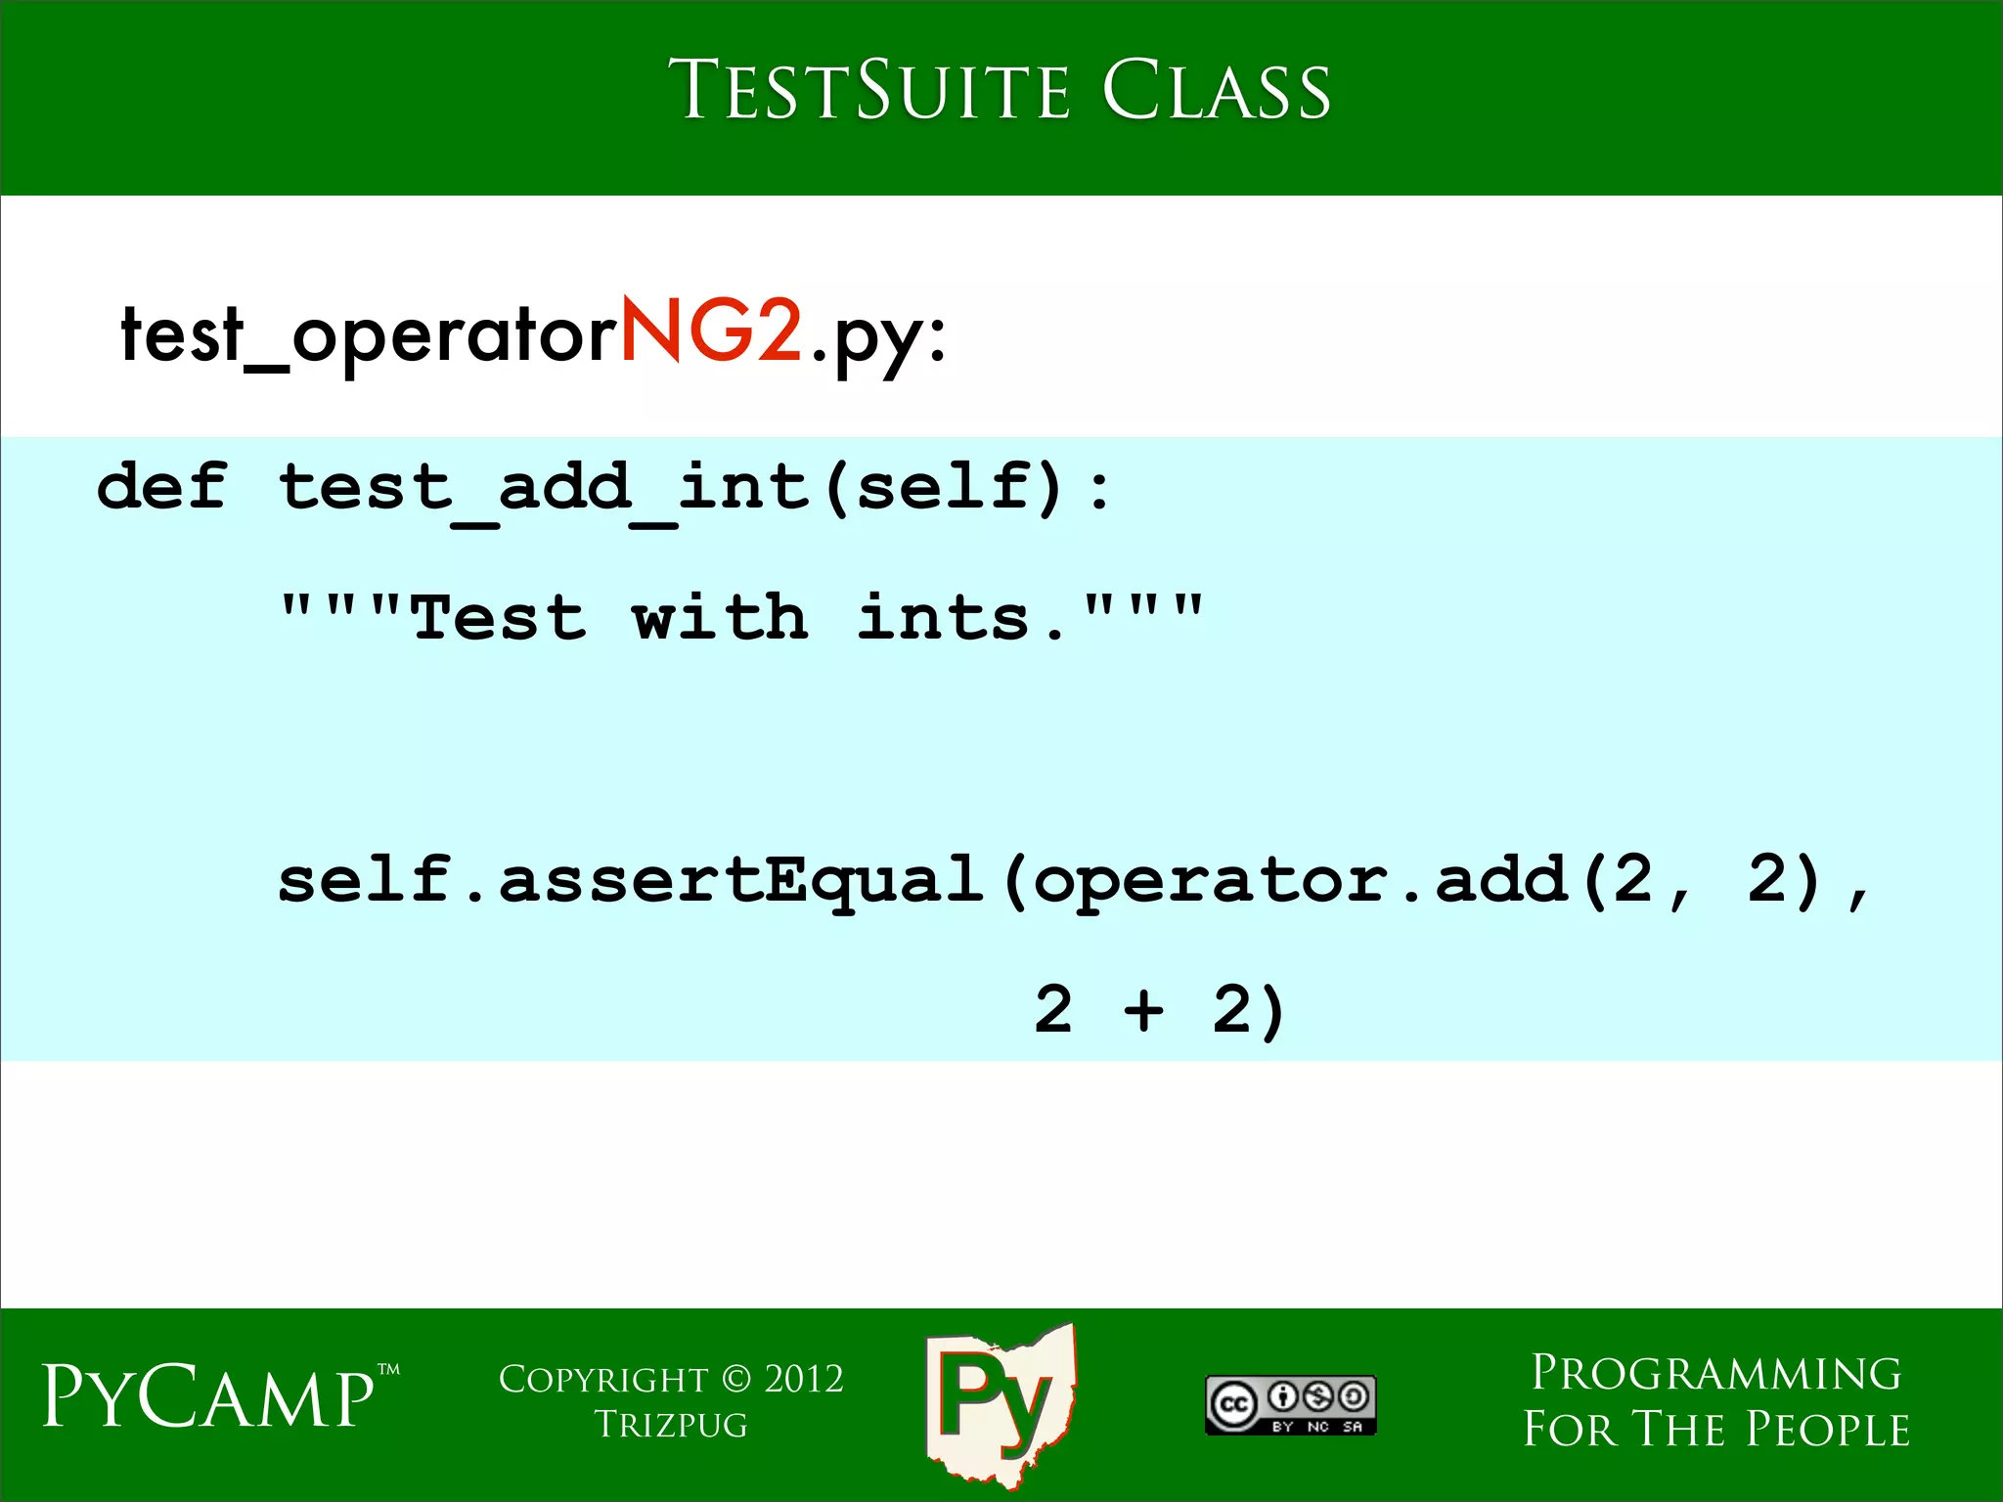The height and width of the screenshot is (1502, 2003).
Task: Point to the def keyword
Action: [x=162, y=486]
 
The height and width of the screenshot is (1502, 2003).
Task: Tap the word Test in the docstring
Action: [x=499, y=618]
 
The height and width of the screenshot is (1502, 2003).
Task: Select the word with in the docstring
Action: [x=720, y=618]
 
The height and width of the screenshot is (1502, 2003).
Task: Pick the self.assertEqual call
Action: [x=630, y=879]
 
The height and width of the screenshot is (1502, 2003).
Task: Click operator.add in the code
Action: [x=1301, y=879]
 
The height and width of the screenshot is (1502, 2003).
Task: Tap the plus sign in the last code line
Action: [x=1143, y=1009]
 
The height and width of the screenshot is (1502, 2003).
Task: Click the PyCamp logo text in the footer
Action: [x=209, y=1396]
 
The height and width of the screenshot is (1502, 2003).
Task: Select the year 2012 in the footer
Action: [x=803, y=1379]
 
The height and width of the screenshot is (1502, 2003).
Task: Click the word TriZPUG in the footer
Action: [x=671, y=1426]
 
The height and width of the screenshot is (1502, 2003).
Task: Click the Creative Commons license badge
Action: [x=1290, y=1405]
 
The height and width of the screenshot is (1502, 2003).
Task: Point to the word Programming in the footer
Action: [x=1716, y=1373]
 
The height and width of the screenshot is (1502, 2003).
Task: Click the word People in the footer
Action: [x=1828, y=1430]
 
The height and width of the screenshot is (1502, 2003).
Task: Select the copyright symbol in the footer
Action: [x=735, y=1379]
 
